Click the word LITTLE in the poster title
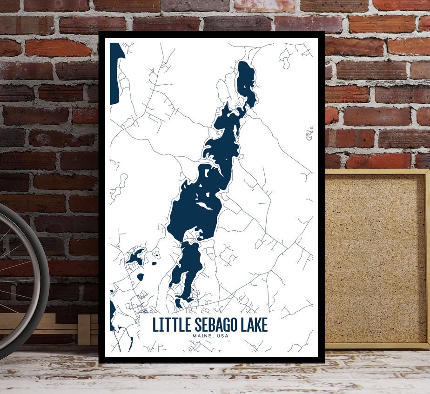169,324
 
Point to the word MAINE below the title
202,336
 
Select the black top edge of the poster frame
212,35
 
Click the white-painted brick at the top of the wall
264,5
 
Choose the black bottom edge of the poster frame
212,360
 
